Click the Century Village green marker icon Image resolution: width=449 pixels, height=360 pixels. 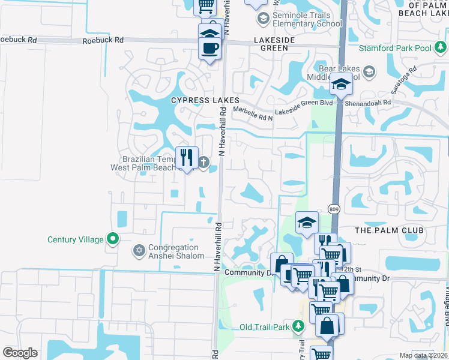click(x=113, y=239)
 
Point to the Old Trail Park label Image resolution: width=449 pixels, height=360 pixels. click(x=265, y=327)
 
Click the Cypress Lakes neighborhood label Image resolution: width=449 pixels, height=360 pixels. click(x=205, y=100)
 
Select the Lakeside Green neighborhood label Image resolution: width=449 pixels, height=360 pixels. click(x=279, y=43)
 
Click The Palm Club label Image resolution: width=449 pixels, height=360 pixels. click(x=389, y=230)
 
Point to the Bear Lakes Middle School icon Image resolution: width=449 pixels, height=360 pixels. click(x=369, y=73)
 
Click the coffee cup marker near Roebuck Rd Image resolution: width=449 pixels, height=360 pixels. click(x=210, y=48)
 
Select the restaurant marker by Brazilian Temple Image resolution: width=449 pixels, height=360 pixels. click(x=187, y=158)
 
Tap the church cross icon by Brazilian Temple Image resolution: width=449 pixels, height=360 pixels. click(x=203, y=162)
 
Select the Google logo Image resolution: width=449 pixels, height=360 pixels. click(x=20, y=353)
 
